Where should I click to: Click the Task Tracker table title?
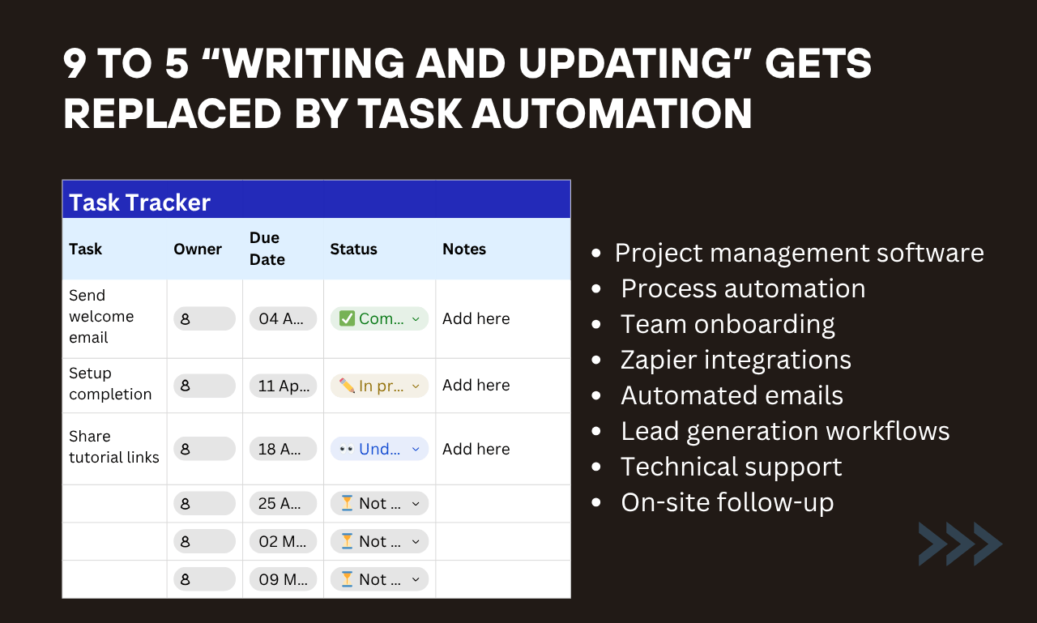tap(139, 202)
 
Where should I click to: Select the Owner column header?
tap(198, 249)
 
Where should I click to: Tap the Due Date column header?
tap(267, 249)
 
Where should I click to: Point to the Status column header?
tap(353, 249)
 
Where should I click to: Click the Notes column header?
tap(464, 249)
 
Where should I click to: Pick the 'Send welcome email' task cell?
tap(101, 317)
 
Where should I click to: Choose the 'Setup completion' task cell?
tap(110, 384)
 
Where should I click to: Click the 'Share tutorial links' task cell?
tap(113, 447)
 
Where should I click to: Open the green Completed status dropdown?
tap(379, 318)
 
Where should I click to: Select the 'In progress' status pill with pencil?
tap(379, 386)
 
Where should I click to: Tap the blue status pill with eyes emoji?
tap(379, 449)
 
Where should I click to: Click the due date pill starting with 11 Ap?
tap(283, 386)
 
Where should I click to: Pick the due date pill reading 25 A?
tap(283, 503)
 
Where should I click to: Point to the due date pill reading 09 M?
tap(283, 579)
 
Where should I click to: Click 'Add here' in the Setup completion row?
tap(476, 386)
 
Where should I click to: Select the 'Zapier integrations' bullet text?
tap(736, 360)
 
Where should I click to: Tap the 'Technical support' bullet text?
tap(731, 467)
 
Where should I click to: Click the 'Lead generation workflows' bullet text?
tap(785, 431)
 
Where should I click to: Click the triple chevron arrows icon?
tap(960, 544)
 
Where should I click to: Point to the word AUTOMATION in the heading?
tap(612, 114)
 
